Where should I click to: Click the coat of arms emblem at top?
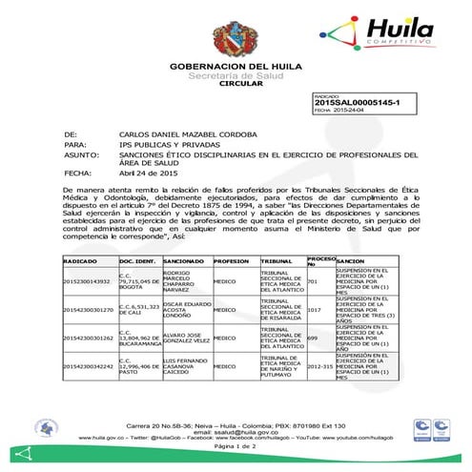coord(234,40)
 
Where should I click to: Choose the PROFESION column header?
coord(232,260)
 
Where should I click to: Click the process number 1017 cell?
coord(316,310)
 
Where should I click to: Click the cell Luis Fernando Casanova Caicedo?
coord(185,365)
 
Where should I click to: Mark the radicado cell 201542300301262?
coord(89,338)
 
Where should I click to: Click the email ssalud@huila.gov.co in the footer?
coord(235,432)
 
